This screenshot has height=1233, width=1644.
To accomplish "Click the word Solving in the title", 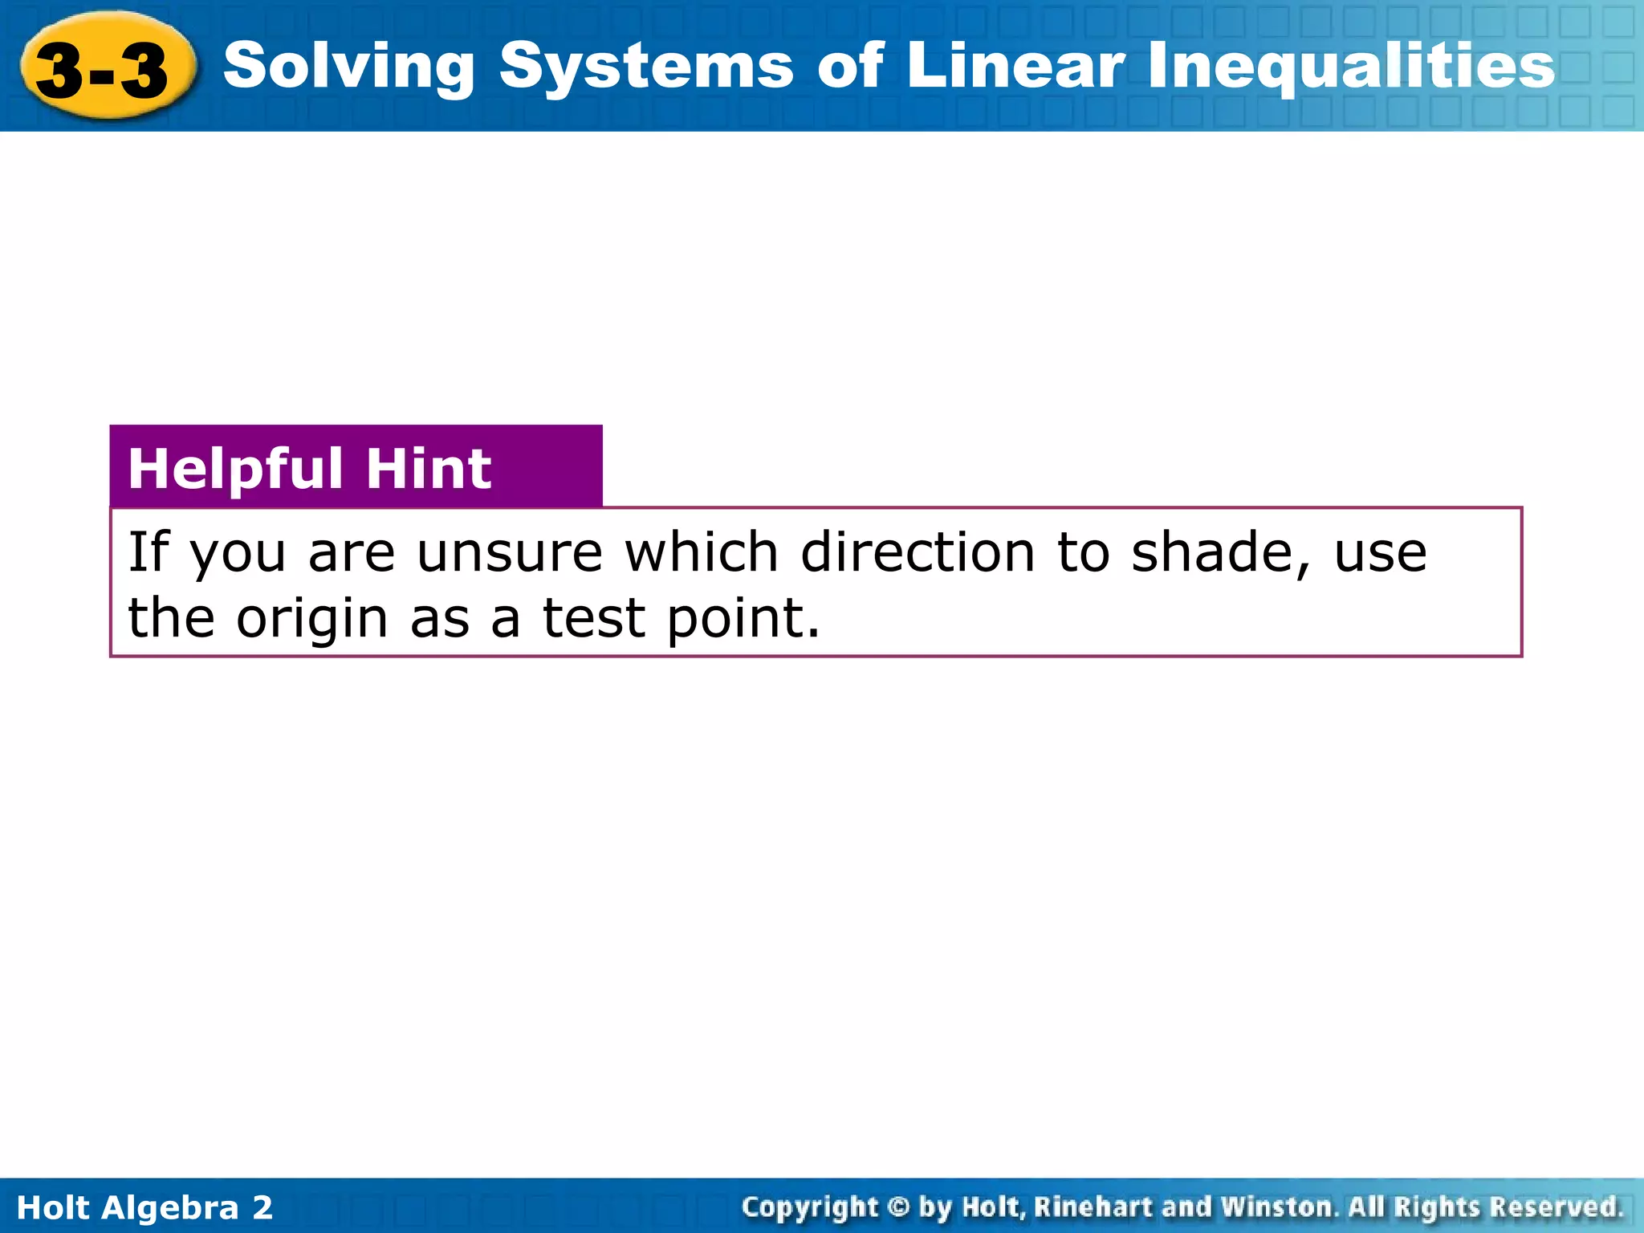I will click(x=349, y=66).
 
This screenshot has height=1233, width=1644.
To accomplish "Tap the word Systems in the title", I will click(x=646, y=66).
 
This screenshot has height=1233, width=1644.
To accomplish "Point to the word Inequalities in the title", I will click(x=1351, y=66).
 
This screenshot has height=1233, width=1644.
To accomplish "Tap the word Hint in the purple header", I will click(x=429, y=469).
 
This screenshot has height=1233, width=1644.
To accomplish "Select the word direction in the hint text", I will click(x=918, y=553).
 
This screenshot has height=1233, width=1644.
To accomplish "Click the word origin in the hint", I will click(x=312, y=619).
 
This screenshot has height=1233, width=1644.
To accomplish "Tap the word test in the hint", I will click(x=594, y=619).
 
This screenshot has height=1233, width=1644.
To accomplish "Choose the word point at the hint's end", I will click(x=743, y=619).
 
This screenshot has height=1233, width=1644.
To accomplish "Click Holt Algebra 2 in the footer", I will click(x=144, y=1207).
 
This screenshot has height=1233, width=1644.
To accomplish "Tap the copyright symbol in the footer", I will click(x=899, y=1207).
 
